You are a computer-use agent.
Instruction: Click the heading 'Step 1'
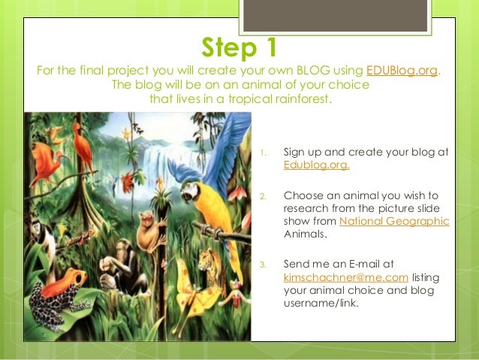click(239, 47)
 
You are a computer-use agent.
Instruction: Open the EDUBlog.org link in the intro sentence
click(402, 71)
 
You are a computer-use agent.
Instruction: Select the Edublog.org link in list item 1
click(316, 165)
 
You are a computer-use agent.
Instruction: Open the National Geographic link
click(394, 221)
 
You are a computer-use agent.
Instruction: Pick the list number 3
click(263, 265)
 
